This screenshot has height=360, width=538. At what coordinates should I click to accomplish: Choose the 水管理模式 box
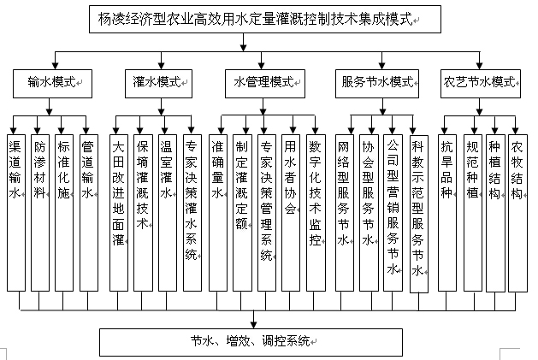click(x=265, y=84)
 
